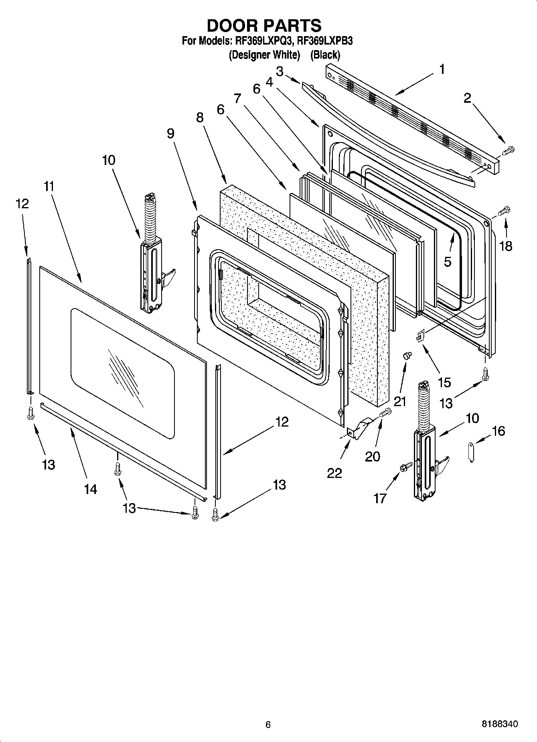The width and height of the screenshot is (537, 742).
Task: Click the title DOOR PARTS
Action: click(264, 25)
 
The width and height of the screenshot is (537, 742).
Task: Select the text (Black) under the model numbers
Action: click(325, 55)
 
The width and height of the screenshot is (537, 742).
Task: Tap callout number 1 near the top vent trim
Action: click(442, 70)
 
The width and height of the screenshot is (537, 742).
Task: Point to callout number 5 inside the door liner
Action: click(448, 262)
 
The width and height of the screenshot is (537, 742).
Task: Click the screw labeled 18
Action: click(504, 210)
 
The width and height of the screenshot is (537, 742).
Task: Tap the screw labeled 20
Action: click(385, 412)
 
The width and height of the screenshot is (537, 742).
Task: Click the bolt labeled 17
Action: click(406, 467)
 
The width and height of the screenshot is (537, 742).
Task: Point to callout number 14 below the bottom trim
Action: click(91, 489)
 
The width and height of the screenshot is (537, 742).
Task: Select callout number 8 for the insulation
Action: click(200, 118)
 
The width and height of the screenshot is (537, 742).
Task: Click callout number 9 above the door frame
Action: click(171, 133)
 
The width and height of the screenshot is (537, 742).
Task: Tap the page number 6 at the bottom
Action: click(268, 724)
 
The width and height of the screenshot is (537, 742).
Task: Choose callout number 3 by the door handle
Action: click(280, 72)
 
